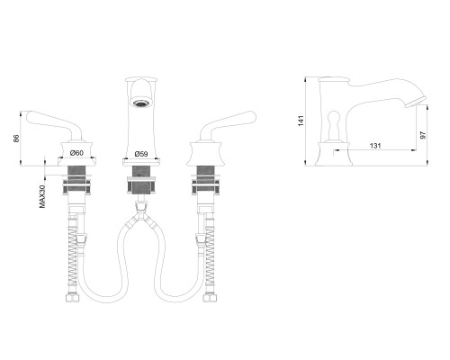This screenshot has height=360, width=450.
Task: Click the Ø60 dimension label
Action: [x=76, y=153]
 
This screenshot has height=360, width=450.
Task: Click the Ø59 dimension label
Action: [x=141, y=154]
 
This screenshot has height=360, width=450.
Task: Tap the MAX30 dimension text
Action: [x=42, y=197]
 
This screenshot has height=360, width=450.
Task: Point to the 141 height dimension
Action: [x=301, y=121]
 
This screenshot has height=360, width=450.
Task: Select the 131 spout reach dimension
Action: [x=375, y=146]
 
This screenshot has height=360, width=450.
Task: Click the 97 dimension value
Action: [x=423, y=135]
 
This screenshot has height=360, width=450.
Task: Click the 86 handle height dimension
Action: [x=16, y=139]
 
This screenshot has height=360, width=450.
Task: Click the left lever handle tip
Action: [x=29, y=116]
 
